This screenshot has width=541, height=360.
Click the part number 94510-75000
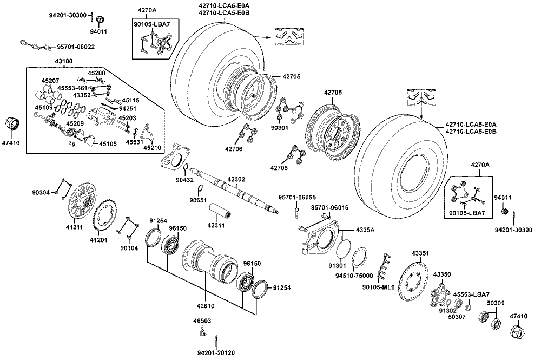[349, 276]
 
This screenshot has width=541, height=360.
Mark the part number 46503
[202, 321]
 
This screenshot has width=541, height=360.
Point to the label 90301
[280, 128]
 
